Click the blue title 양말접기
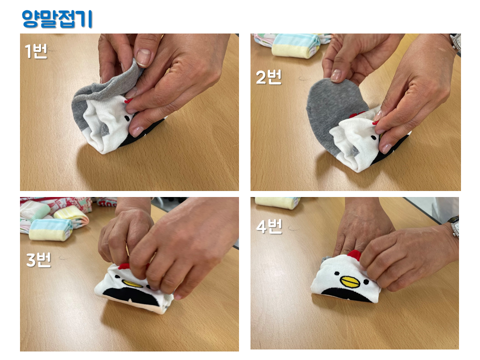tap(57, 19)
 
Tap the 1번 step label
tap(36, 51)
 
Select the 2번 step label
tap(268, 77)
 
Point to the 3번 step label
tap(38, 260)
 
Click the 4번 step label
tap(269, 226)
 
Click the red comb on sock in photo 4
tap(354, 255)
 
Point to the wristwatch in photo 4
tap(454, 226)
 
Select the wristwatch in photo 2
tap(455, 41)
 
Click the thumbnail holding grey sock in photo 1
tap(143, 57)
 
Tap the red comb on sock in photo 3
tap(123, 266)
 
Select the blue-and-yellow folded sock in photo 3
tap(50, 229)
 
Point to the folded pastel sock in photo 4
tap(277, 202)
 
